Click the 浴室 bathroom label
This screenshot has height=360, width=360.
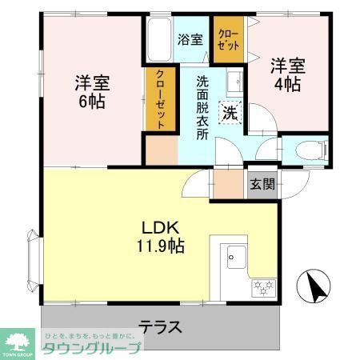click(x=190, y=38)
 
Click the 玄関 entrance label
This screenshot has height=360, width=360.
click(x=262, y=184)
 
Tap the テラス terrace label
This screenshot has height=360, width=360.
click(x=160, y=326)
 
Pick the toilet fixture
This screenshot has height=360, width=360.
click(x=307, y=149)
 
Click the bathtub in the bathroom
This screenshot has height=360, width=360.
click(x=156, y=40)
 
